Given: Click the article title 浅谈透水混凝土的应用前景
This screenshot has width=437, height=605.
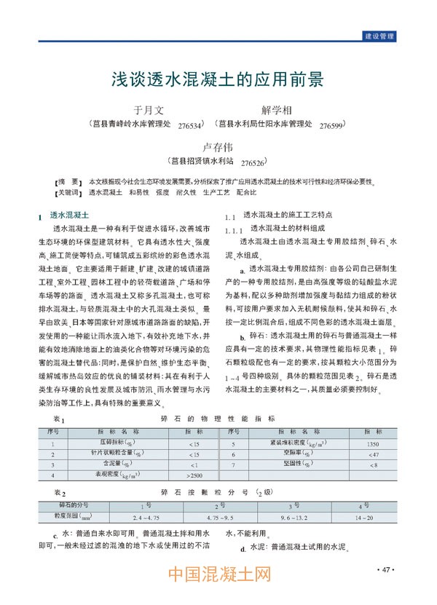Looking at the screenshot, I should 218,78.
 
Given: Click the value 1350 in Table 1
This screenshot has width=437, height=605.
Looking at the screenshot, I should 373,443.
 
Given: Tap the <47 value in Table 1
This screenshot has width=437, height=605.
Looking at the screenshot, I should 373,454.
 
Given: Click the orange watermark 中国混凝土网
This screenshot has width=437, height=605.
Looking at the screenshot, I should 219,577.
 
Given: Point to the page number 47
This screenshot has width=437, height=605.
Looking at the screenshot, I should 386,569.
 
